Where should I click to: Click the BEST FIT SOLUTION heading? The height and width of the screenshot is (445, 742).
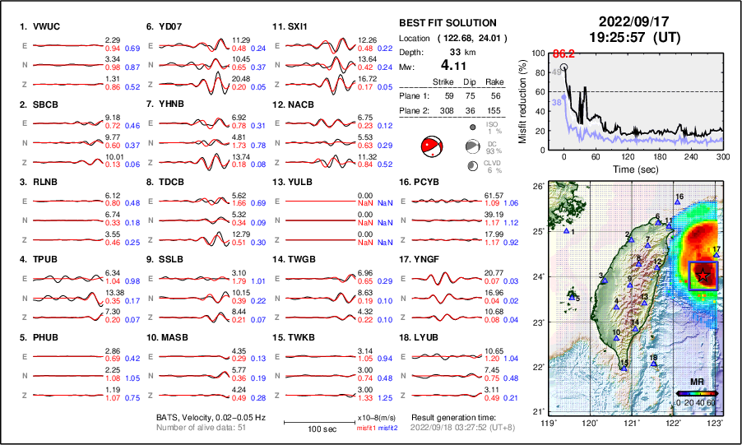[448, 23]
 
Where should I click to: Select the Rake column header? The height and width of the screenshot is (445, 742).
[499, 81]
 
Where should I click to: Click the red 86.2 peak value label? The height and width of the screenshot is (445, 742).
[562, 54]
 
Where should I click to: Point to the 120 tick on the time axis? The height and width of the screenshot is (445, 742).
[628, 156]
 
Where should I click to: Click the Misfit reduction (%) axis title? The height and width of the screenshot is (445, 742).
[523, 101]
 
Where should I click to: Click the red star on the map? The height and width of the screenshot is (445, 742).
[702, 277]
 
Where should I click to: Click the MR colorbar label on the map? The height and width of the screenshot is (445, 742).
[696, 382]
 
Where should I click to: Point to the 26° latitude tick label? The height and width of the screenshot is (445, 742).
[538, 187]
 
